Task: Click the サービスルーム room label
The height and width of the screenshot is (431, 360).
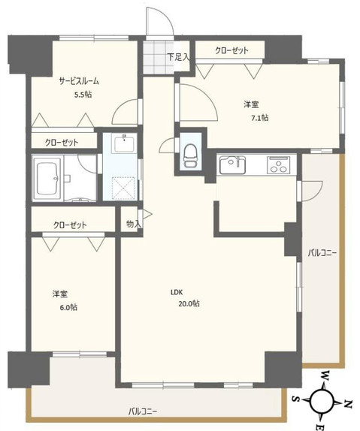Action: click(79, 81)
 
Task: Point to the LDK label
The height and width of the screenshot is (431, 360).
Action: click(177, 292)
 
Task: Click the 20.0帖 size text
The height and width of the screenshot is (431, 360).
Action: click(189, 303)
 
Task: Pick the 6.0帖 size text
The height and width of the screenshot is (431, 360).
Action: click(67, 307)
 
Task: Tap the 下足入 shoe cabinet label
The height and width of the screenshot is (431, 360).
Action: click(178, 56)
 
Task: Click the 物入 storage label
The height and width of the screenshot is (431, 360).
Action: click(132, 224)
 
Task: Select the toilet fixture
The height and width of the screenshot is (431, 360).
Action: click(189, 155)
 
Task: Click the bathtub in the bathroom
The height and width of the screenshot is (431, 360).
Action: click(49, 179)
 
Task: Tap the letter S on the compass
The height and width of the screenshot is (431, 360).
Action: click(295, 399)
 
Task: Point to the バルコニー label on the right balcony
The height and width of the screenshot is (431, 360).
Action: click(322, 253)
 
